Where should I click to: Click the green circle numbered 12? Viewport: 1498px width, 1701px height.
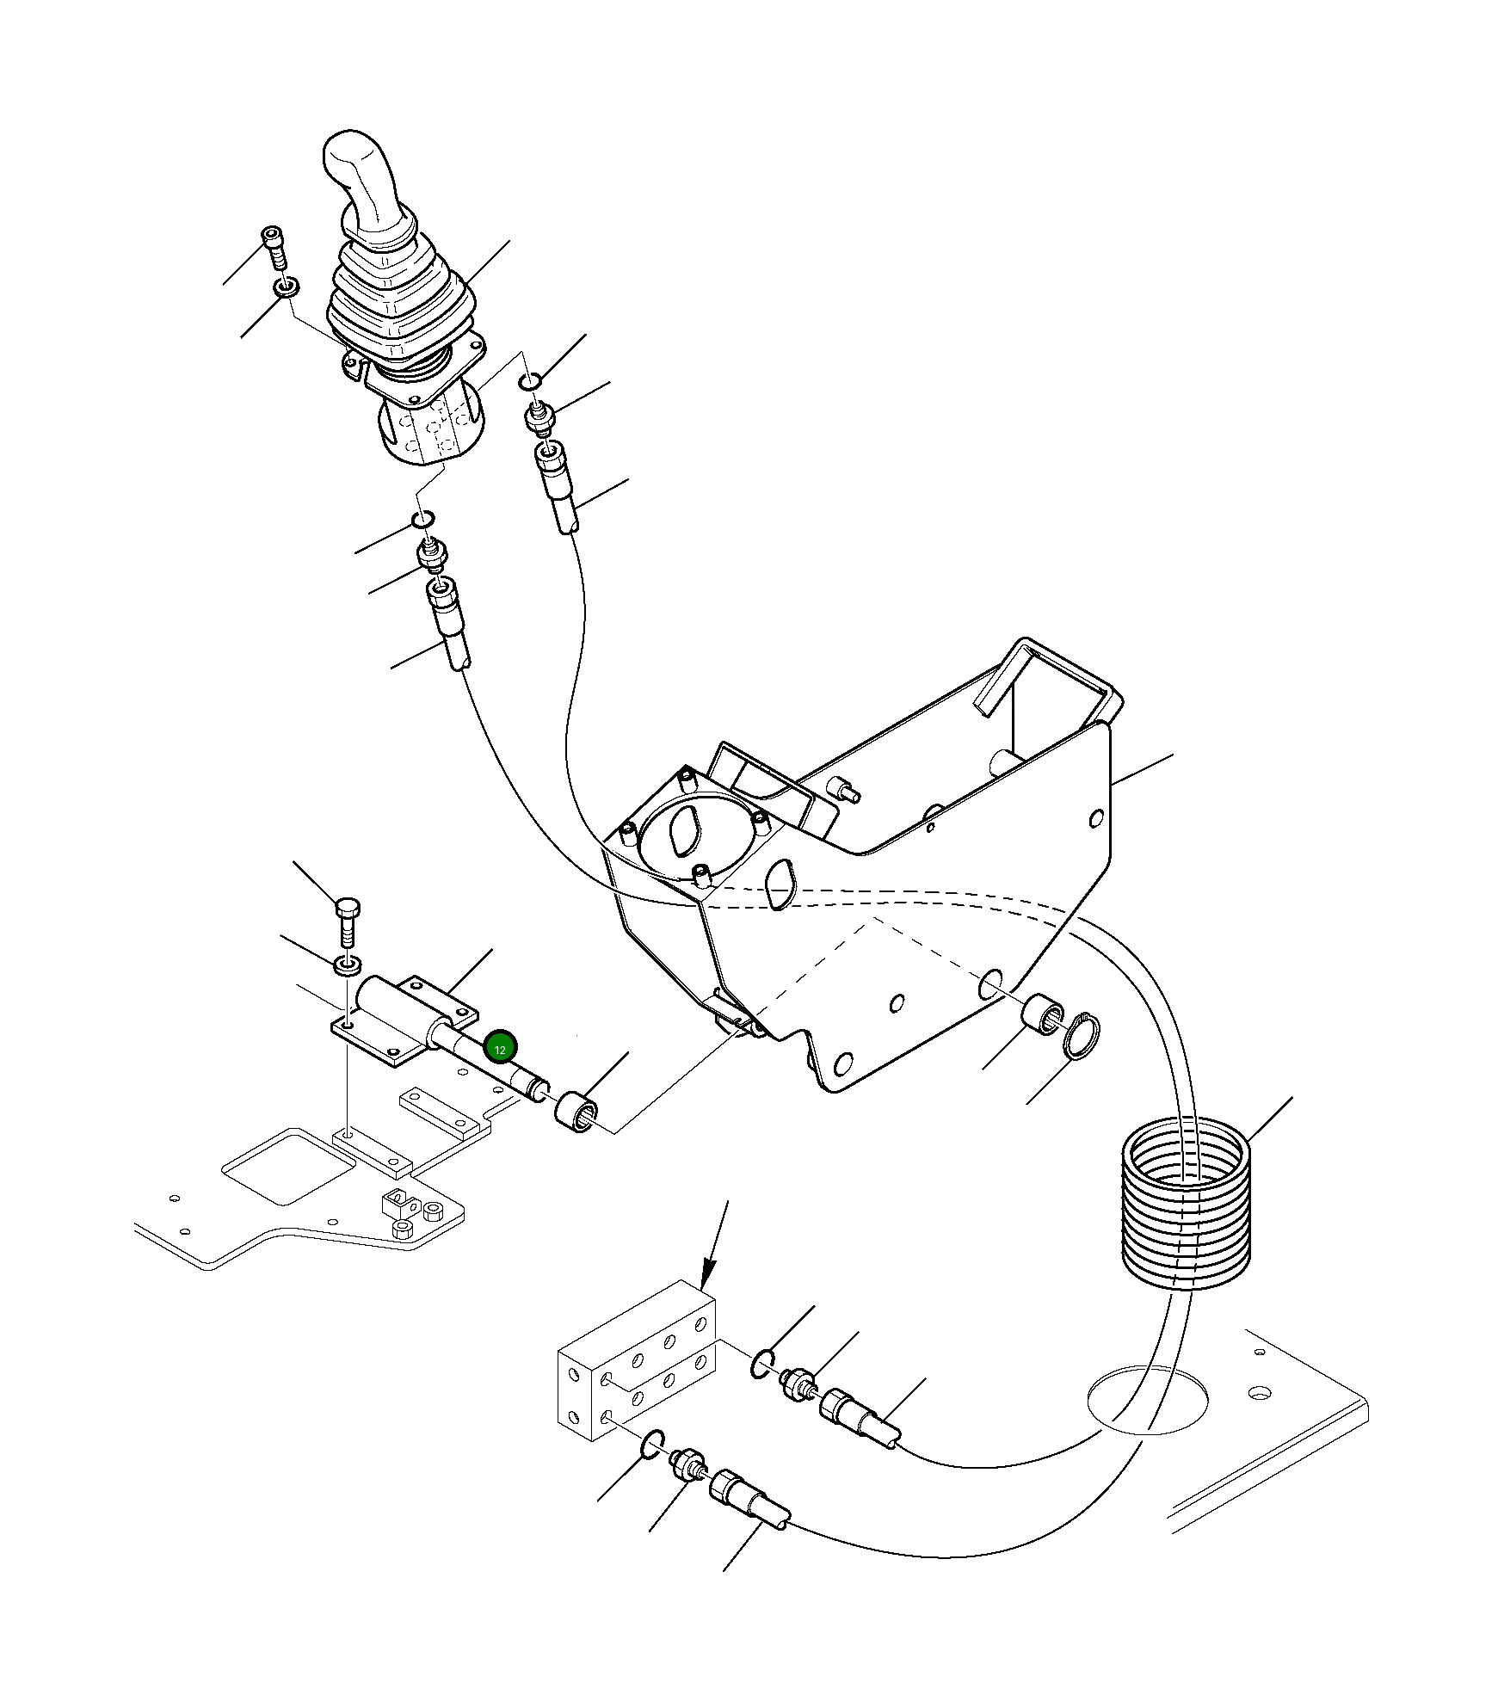tap(500, 1047)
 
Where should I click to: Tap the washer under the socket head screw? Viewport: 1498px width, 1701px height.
tap(287, 286)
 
